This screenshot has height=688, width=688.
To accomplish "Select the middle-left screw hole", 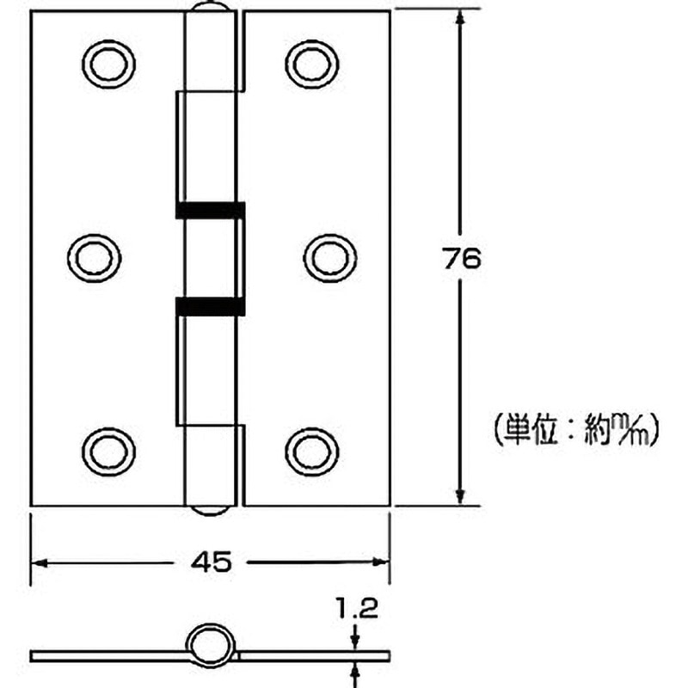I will [x=94, y=255].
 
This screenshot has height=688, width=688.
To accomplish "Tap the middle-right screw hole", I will [x=329, y=255].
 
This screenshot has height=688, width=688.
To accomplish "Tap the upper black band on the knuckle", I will [x=210, y=210].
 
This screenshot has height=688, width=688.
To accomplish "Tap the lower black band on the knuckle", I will [x=210, y=305].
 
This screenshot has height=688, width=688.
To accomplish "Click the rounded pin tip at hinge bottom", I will [x=211, y=509].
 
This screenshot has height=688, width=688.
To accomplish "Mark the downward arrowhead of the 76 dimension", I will [x=462, y=497].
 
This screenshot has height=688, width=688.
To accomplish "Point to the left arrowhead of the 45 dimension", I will [x=40, y=562].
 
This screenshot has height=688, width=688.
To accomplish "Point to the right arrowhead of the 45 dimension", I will [x=382, y=562].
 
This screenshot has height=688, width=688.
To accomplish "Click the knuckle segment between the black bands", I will [x=210, y=257].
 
